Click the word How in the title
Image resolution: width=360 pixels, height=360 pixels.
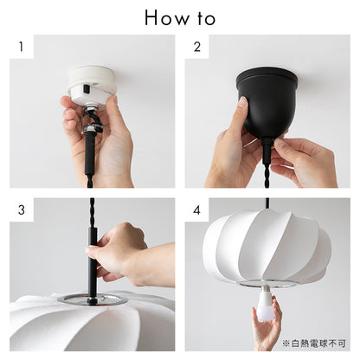tap(167, 18)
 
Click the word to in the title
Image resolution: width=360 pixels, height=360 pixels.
tap(206, 18)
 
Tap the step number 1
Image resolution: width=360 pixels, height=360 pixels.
tap(21, 47)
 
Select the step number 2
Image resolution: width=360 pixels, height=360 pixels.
tap(197, 47)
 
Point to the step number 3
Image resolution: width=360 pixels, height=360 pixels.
tap(22, 210)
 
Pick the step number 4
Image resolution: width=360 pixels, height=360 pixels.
tap(196, 210)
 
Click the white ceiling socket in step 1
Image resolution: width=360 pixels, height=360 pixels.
tap(92, 86)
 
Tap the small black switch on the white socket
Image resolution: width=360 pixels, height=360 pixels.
tap(86, 88)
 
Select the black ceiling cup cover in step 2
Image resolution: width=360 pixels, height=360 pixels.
tap(267, 102)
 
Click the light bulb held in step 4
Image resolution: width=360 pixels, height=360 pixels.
tap(265, 305)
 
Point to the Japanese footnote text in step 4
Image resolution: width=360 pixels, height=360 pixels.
tap(314, 344)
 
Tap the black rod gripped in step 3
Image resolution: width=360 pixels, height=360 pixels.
tap(92, 266)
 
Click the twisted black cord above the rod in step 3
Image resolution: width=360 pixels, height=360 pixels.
tap(92, 213)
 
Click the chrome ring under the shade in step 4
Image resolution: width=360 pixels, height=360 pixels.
tap(267, 284)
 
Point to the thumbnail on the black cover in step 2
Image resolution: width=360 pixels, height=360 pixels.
tap(243, 101)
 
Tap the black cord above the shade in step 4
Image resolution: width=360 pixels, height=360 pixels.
tap(267, 203)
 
